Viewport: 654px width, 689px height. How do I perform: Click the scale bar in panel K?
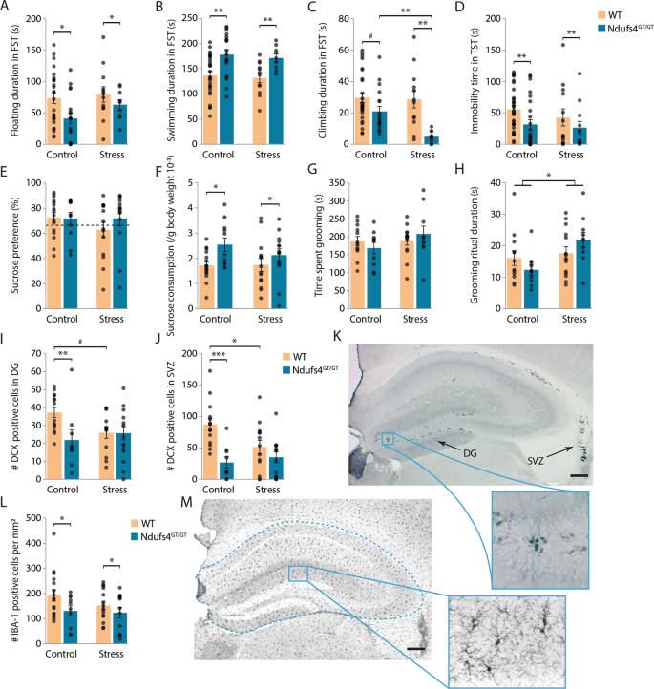[x=631, y=473]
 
